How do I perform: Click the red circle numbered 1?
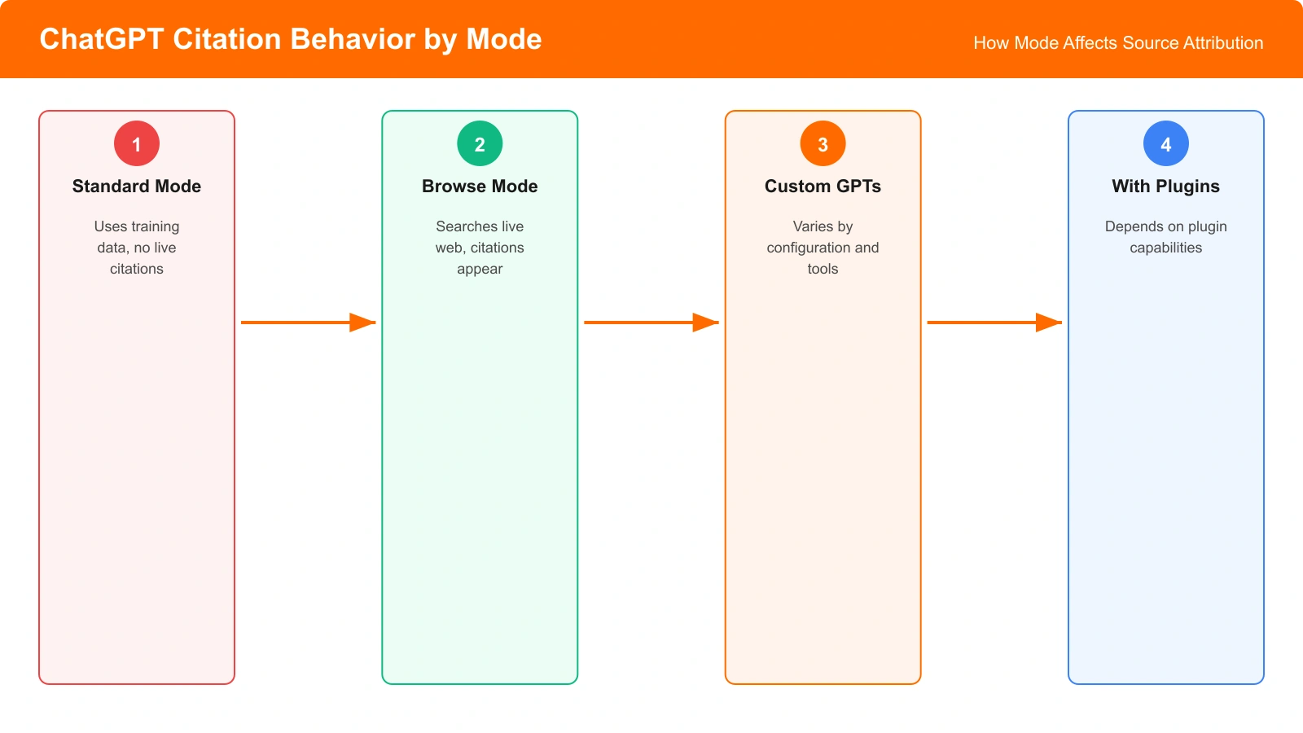pos(137,143)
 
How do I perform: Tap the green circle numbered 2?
pos(480,143)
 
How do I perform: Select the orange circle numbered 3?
pos(823,143)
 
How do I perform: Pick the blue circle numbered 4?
pos(1165,143)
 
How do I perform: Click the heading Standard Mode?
pos(137,187)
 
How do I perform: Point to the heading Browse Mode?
pos(480,187)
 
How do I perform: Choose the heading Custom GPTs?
pos(823,187)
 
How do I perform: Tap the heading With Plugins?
pos(1165,187)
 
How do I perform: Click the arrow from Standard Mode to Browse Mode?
pos(308,323)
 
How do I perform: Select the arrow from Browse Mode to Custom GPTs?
pos(651,323)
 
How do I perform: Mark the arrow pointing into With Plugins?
pos(994,323)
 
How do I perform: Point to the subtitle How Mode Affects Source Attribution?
pos(1118,43)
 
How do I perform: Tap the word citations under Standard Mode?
pos(137,269)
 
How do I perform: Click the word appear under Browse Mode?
pos(480,269)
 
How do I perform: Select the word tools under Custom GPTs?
pos(823,269)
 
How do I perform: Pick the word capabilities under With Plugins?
pos(1165,248)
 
